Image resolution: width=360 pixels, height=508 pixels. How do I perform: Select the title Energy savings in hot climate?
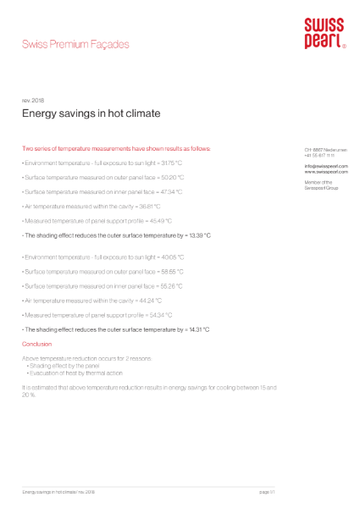point(91,113)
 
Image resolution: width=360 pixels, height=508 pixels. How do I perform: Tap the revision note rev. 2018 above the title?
point(32,100)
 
